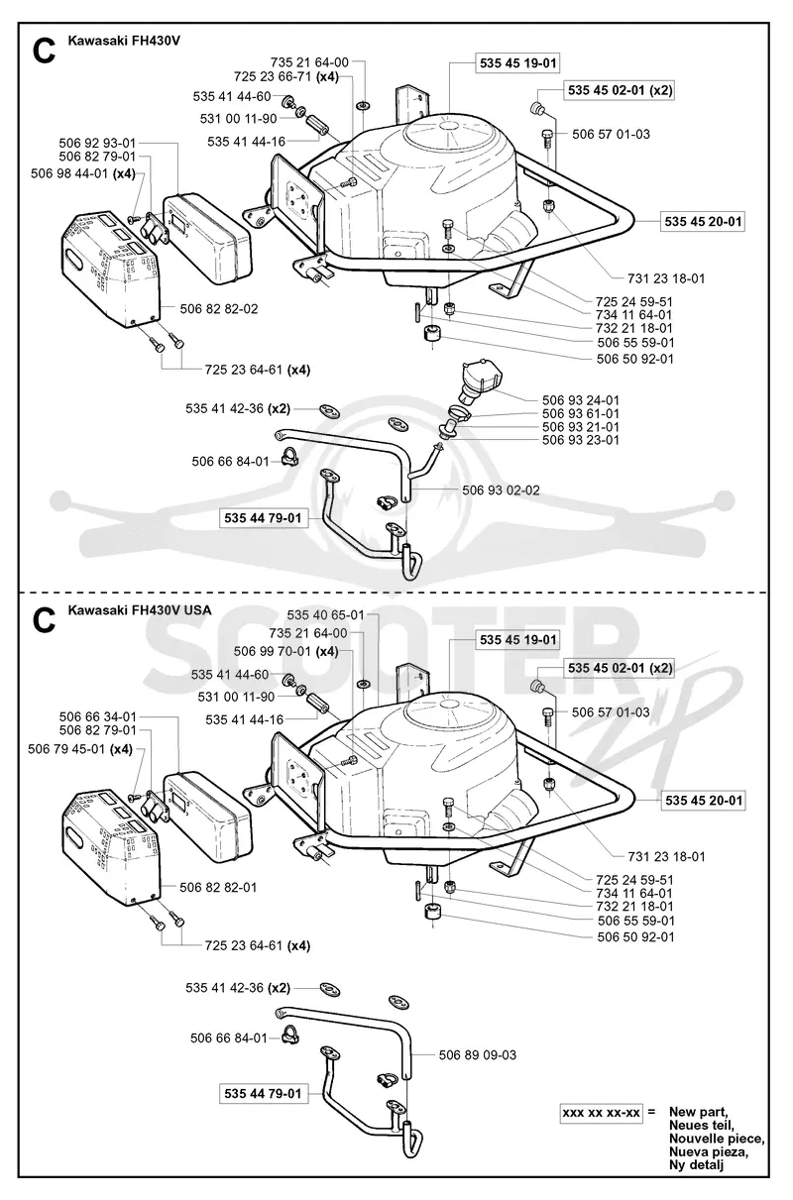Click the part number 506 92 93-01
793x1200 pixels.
[x=97, y=143]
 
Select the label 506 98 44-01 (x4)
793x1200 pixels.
[x=83, y=173]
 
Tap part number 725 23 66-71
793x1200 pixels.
[x=273, y=76]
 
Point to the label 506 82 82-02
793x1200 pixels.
[x=219, y=309]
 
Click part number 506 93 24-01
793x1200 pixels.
[x=580, y=400]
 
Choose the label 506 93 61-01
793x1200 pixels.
[x=580, y=413]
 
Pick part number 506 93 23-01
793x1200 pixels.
[x=580, y=440]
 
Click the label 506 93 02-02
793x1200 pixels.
[x=501, y=491]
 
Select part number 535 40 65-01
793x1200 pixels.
[x=325, y=615]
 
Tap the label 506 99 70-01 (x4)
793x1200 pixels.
[x=286, y=651]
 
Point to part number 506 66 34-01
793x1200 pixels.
[x=97, y=716]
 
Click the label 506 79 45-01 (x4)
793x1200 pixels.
[x=80, y=749]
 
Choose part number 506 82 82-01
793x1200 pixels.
[x=218, y=887]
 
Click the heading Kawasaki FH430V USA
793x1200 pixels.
[x=140, y=610]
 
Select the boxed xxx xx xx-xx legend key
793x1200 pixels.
[x=601, y=1113]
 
